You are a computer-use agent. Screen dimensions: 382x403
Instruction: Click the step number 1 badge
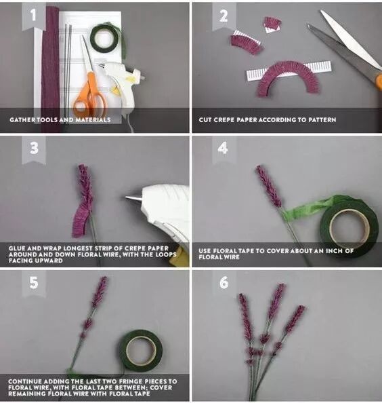point(34,16)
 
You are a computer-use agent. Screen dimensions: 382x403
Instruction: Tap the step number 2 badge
point(224,16)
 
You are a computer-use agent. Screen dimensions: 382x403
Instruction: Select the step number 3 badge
point(34,149)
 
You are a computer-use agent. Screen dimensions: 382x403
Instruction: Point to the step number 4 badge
point(224,149)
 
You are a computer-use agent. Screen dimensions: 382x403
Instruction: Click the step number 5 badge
point(34,283)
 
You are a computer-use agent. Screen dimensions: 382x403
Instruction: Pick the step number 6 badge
point(224,283)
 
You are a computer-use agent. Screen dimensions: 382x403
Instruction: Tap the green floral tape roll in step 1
point(105,39)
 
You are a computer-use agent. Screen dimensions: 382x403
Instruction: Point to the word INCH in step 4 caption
point(335,251)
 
